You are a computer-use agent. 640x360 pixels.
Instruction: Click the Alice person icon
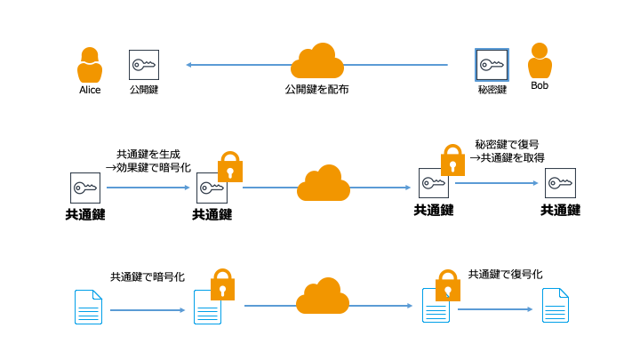pyautogui.click(x=90, y=65)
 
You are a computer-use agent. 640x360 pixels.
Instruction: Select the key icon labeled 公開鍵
pyautogui.click(x=144, y=65)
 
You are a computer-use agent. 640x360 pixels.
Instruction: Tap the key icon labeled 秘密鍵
pyautogui.click(x=492, y=64)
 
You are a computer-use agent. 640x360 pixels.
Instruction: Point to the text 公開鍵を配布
pyautogui.click(x=316, y=90)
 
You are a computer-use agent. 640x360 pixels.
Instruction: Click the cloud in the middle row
pyautogui.click(x=323, y=183)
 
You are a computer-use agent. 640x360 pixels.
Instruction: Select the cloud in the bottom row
pyautogui.click(x=322, y=296)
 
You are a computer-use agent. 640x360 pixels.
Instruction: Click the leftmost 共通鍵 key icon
pyautogui.click(x=85, y=188)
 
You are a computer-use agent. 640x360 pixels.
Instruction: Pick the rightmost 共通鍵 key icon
pyautogui.click(x=560, y=183)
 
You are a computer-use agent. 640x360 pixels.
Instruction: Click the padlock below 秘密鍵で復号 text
pyautogui.click(x=453, y=160)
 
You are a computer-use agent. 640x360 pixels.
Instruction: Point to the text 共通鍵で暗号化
pyautogui.click(x=148, y=276)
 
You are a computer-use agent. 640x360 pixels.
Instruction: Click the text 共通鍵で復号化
pyautogui.click(x=505, y=274)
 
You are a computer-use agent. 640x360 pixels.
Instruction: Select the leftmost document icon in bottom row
pyautogui.click(x=88, y=307)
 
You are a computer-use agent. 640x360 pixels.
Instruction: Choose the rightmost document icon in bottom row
pyautogui.click(x=556, y=305)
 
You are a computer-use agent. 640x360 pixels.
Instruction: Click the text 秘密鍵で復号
pyautogui.click(x=507, y=143)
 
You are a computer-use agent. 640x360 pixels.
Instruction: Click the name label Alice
pyautogui.click(x=90, y=90)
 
